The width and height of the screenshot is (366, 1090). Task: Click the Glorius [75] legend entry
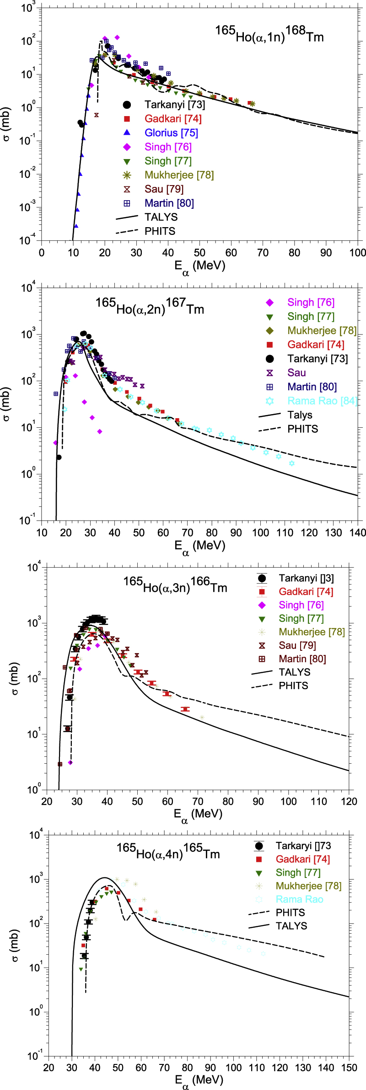[x=171, y=133]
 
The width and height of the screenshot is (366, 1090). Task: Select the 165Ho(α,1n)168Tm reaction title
[x=269, y=34]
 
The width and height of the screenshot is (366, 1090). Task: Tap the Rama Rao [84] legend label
[x=322, y=401]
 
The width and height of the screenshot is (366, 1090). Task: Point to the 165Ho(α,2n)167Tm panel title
[x=150, y=306]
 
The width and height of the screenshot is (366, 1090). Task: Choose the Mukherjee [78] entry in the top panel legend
[x=179, y=175]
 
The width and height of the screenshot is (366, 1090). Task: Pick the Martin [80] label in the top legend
[x=169, y=203]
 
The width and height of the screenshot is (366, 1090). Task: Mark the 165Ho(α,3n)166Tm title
[x=175, y=585]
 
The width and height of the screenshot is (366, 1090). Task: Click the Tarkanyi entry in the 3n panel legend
[x=306, y=578]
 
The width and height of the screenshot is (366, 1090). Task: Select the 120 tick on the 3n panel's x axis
[x=349, y=801]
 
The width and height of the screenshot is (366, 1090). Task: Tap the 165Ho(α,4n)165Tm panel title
[x=168, y=851]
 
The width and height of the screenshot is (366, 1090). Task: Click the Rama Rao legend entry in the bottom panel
[x=299, y=899]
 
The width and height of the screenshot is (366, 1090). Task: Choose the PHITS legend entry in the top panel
[x=160, y=231]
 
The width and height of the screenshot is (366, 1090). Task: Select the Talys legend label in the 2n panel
[x=300, y=415]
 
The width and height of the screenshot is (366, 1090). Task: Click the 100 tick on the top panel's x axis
[x=358, y=253]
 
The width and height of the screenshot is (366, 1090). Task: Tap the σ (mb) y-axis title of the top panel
[x=6, y=124]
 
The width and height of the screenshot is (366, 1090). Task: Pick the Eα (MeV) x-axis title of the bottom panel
[x=199, y=1081]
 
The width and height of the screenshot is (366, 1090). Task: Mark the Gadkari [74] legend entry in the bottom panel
[x=302, y=859]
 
